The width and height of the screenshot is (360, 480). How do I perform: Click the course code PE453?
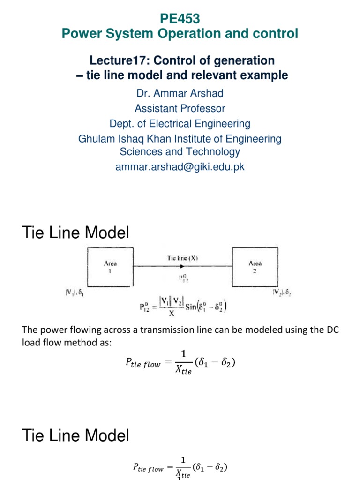[x=180, y=19]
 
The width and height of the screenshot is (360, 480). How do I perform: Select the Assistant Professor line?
[x=180, y=108]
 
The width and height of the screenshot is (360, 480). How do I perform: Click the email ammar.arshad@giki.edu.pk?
[x=180, y=167]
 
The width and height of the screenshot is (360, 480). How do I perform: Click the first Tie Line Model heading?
[x=75, y=232]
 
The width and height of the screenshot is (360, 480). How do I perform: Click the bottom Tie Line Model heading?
[x=75, y=436]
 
